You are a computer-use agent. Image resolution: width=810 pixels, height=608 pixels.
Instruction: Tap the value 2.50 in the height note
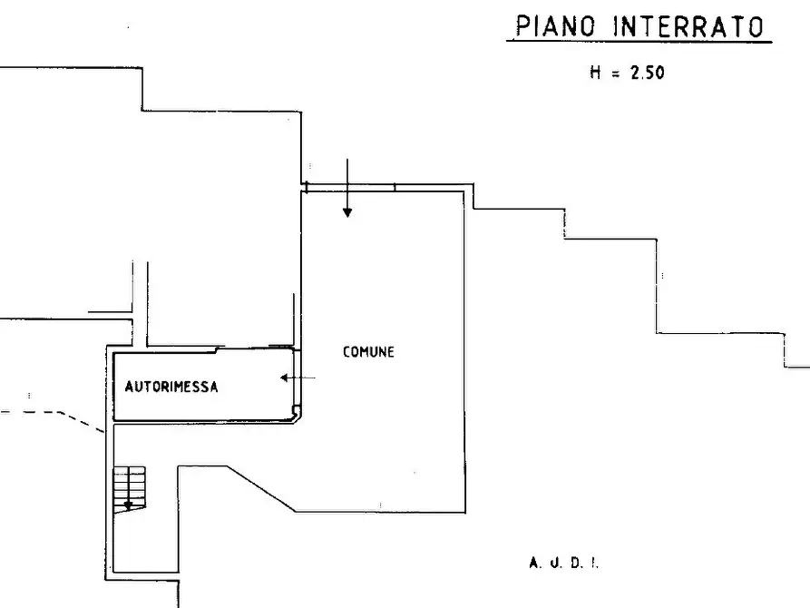pyautogui.click(x=647, y=74)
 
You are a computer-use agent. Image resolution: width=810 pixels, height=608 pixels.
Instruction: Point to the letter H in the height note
pyautogui.click(x=595, y=74)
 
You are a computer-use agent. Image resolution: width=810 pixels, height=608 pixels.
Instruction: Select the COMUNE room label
pyautogui.click(x=368, y=352)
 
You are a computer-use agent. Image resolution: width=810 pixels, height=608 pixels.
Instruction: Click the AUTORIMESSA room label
pyautogui.click(x=171, y=387)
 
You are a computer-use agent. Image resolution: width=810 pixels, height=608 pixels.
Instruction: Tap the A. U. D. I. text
pyautogui.click(x=563, y=564)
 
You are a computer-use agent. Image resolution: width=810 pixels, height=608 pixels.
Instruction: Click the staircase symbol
pyautogui.click(x=129, y=487)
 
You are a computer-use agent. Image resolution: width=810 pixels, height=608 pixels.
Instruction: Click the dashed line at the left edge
pyautogui.click(x=36, y=412)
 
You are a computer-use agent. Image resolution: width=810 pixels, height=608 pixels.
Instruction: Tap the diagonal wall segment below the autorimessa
pyautogui.click(x=259, y=489)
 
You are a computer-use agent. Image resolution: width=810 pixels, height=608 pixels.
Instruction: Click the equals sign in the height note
pyautogui.click(x=615, y=74)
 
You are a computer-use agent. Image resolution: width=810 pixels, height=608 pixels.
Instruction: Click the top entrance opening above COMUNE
pyautogui.click(x=350, y=187)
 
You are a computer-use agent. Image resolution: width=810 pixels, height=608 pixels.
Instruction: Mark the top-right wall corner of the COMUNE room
pyautogui.click(x=469, y=187)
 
